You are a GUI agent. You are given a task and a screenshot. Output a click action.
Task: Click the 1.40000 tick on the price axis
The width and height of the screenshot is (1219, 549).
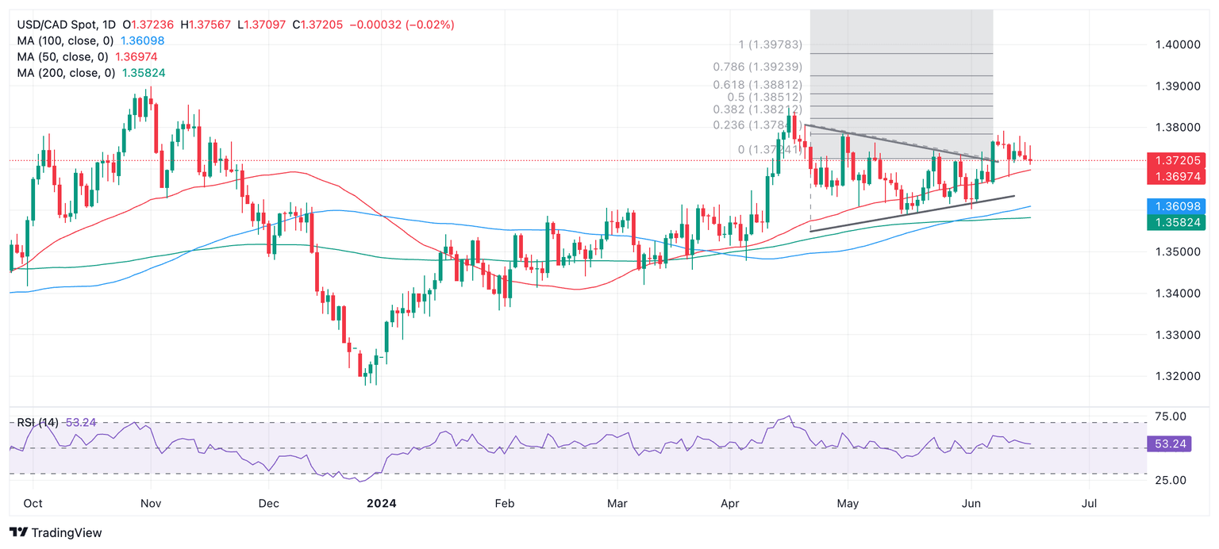1177,44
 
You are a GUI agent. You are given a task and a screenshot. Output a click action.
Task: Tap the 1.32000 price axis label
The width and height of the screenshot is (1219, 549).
1177,376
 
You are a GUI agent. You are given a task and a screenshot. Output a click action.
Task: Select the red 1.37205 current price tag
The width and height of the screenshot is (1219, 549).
1177,160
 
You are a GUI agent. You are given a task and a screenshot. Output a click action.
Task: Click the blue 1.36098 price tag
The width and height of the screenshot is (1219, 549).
1177,205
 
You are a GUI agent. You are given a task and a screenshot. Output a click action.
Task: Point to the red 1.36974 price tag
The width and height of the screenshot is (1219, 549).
1177,175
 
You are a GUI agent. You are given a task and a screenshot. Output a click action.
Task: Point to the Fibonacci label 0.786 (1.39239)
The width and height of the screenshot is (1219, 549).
758,67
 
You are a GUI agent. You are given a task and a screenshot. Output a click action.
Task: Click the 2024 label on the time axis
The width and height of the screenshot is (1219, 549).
381,503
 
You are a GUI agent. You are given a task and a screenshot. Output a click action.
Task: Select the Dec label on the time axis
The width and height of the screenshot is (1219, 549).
269,503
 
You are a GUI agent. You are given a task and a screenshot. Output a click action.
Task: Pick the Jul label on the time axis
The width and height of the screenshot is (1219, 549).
1090,503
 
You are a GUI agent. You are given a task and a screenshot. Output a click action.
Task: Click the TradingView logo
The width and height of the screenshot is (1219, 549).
56,532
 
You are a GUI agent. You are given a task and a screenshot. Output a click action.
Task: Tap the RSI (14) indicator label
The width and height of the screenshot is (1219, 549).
37,423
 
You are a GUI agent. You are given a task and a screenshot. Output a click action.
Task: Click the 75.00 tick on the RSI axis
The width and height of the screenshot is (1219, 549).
1169,417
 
